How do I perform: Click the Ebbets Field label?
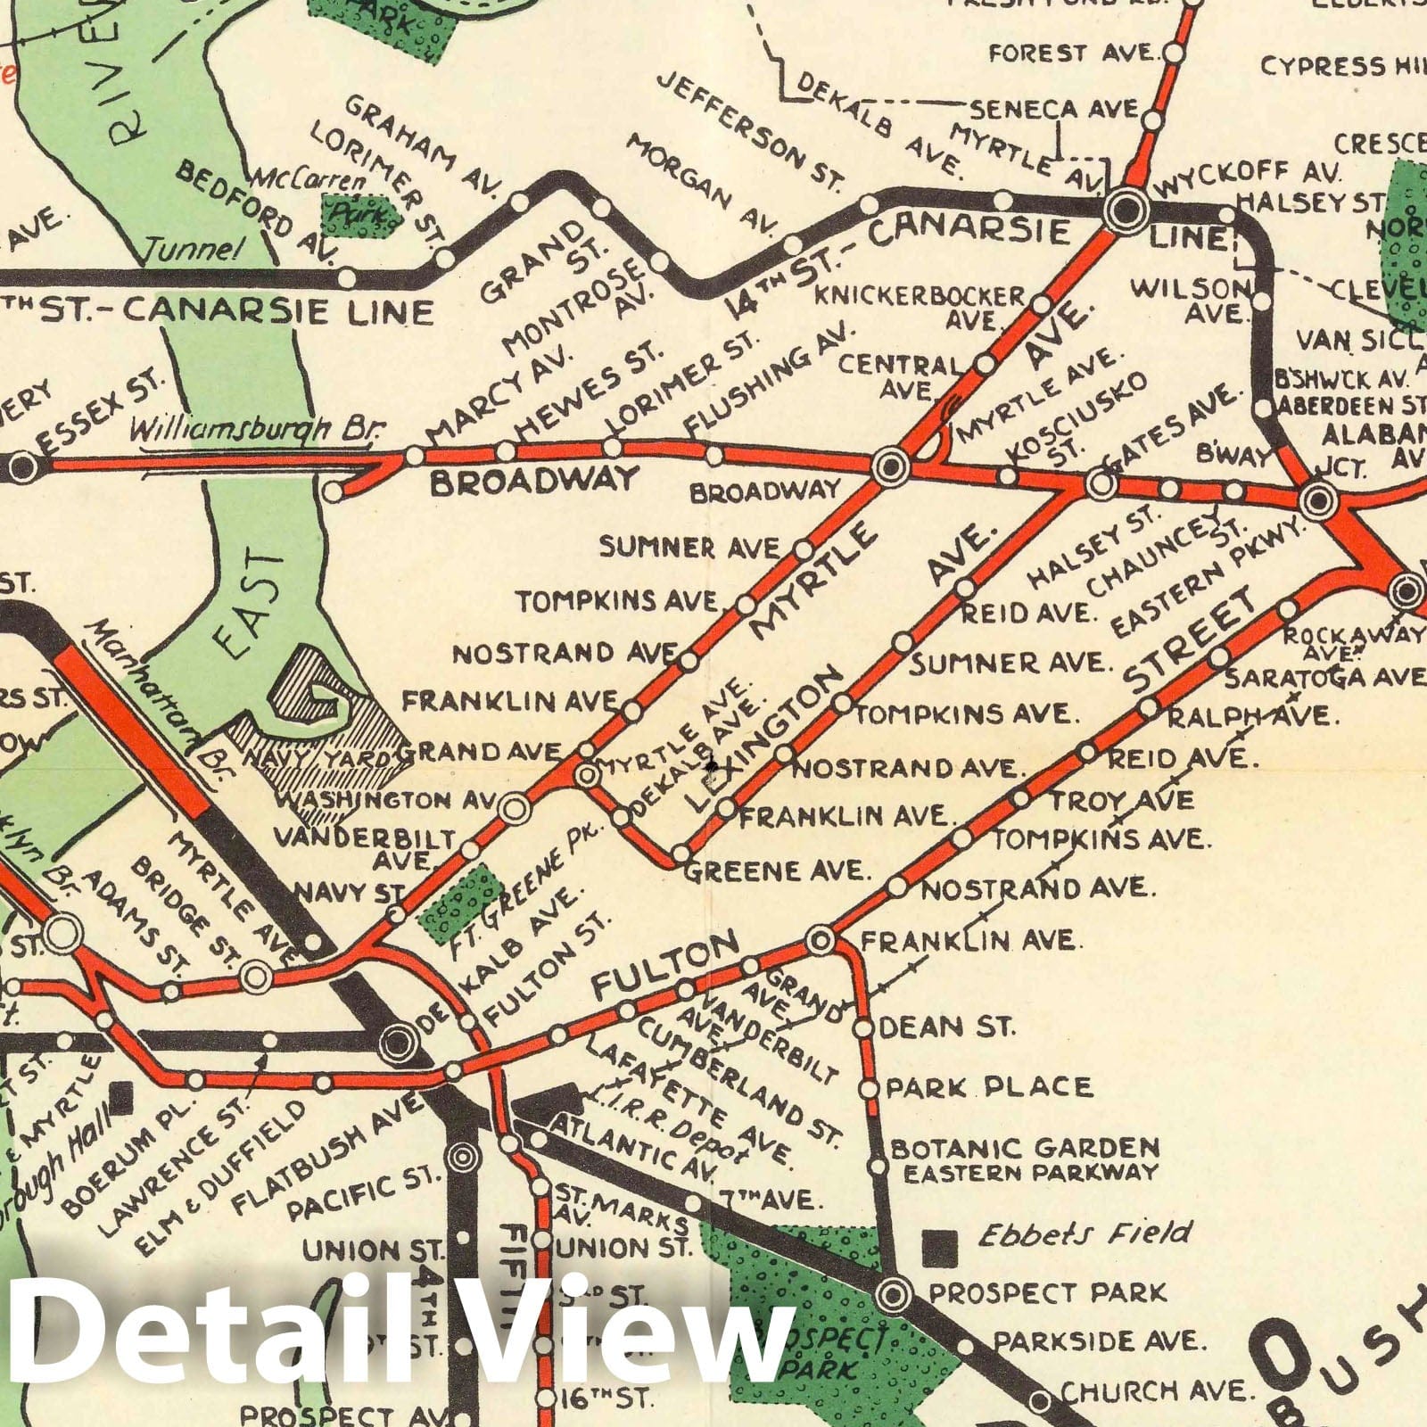tap(1085, 1233)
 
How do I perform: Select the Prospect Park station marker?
tap(895, 1294)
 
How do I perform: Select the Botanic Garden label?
tap(1025, 1147)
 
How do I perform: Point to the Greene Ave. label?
tap(776, 870)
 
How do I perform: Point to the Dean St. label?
tap(947, 1027)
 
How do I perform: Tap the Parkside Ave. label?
tap(1100, 1340)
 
